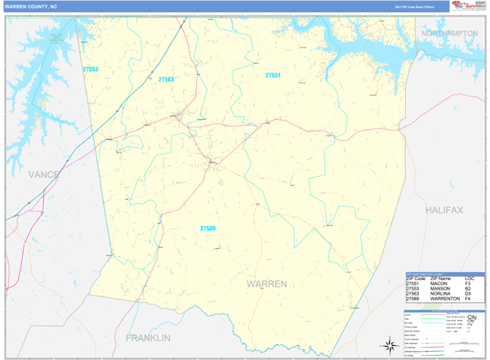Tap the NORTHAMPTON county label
tap(448, 33)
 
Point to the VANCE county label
tap(44, 175)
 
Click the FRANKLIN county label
tap(148, 337)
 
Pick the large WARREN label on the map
tap(266, 283)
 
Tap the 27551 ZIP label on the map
tap(273, 75)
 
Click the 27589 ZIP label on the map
tap(208, 229)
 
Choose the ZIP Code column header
tap(416, 278)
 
